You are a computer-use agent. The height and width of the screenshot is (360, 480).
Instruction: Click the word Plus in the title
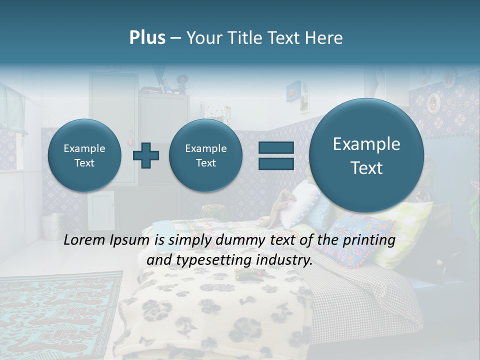[147, 38]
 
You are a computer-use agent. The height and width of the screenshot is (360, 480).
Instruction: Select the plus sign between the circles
[146, 155]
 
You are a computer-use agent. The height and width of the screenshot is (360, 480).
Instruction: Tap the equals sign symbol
[275, 155]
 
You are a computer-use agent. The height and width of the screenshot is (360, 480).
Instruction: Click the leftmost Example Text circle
[84, 155]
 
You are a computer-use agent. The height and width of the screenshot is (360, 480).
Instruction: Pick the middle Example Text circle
[205, 155]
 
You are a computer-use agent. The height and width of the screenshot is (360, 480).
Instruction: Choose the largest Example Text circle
[366, 155]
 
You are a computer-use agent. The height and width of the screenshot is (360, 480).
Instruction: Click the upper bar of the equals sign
[275, 147]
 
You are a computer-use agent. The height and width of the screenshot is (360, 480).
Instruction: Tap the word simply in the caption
[189, 241]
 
